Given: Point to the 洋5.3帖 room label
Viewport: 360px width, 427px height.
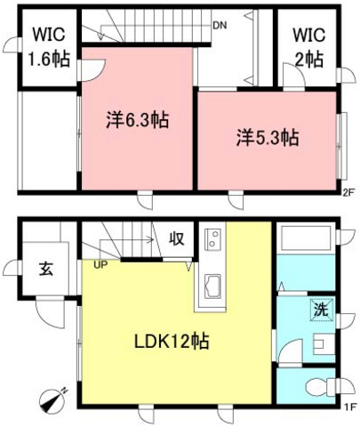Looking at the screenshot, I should [267, 138].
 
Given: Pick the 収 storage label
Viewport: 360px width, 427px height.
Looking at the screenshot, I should [177, 238].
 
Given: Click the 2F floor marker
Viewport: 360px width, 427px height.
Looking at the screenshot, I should [348, 189].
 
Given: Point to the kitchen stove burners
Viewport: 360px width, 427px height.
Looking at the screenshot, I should [214, 240].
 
